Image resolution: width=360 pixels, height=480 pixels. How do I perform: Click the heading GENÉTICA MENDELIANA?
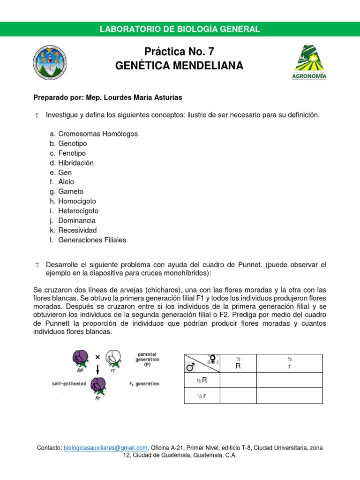coord(180,66)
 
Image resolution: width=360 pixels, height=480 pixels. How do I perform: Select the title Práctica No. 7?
coord(180,52)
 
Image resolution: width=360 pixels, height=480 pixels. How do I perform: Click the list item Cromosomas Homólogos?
coord(98,134)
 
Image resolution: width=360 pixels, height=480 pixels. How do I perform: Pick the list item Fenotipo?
coord(72,153)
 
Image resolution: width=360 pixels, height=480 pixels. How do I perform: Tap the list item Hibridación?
coord(76,163)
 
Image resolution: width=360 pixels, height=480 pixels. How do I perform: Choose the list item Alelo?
coord(66,182)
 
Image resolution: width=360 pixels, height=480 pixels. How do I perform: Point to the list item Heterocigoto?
coord(78,211)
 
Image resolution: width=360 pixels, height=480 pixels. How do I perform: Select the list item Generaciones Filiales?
coord(92,240)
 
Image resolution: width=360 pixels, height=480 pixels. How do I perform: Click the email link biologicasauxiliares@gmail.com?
coord(105,448)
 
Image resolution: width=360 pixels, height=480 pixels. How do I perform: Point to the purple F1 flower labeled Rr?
coord(98,385)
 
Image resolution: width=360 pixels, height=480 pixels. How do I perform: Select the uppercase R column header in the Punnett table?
coord(238,367)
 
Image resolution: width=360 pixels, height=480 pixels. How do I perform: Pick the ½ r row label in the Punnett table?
coord(202,396)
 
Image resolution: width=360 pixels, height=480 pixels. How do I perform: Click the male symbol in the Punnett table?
coord(190,368)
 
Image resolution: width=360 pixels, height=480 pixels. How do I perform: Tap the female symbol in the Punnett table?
coord(213,359)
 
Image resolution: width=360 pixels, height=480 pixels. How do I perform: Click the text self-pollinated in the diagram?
coord(69,383)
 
